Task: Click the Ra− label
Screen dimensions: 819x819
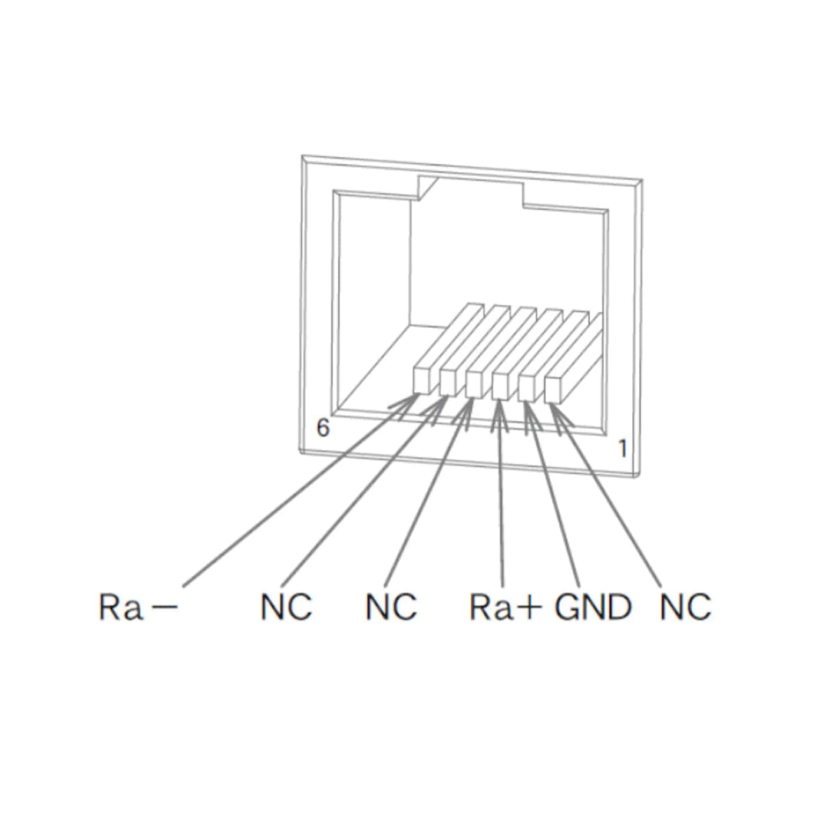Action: click(138, 607)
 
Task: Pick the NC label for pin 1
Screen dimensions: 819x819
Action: click(685, 607)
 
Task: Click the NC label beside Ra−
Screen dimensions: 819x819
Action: click(286, 607)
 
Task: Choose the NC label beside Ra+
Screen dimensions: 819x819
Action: click(391, 607)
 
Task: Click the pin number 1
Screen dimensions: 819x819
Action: click(622, 449)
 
